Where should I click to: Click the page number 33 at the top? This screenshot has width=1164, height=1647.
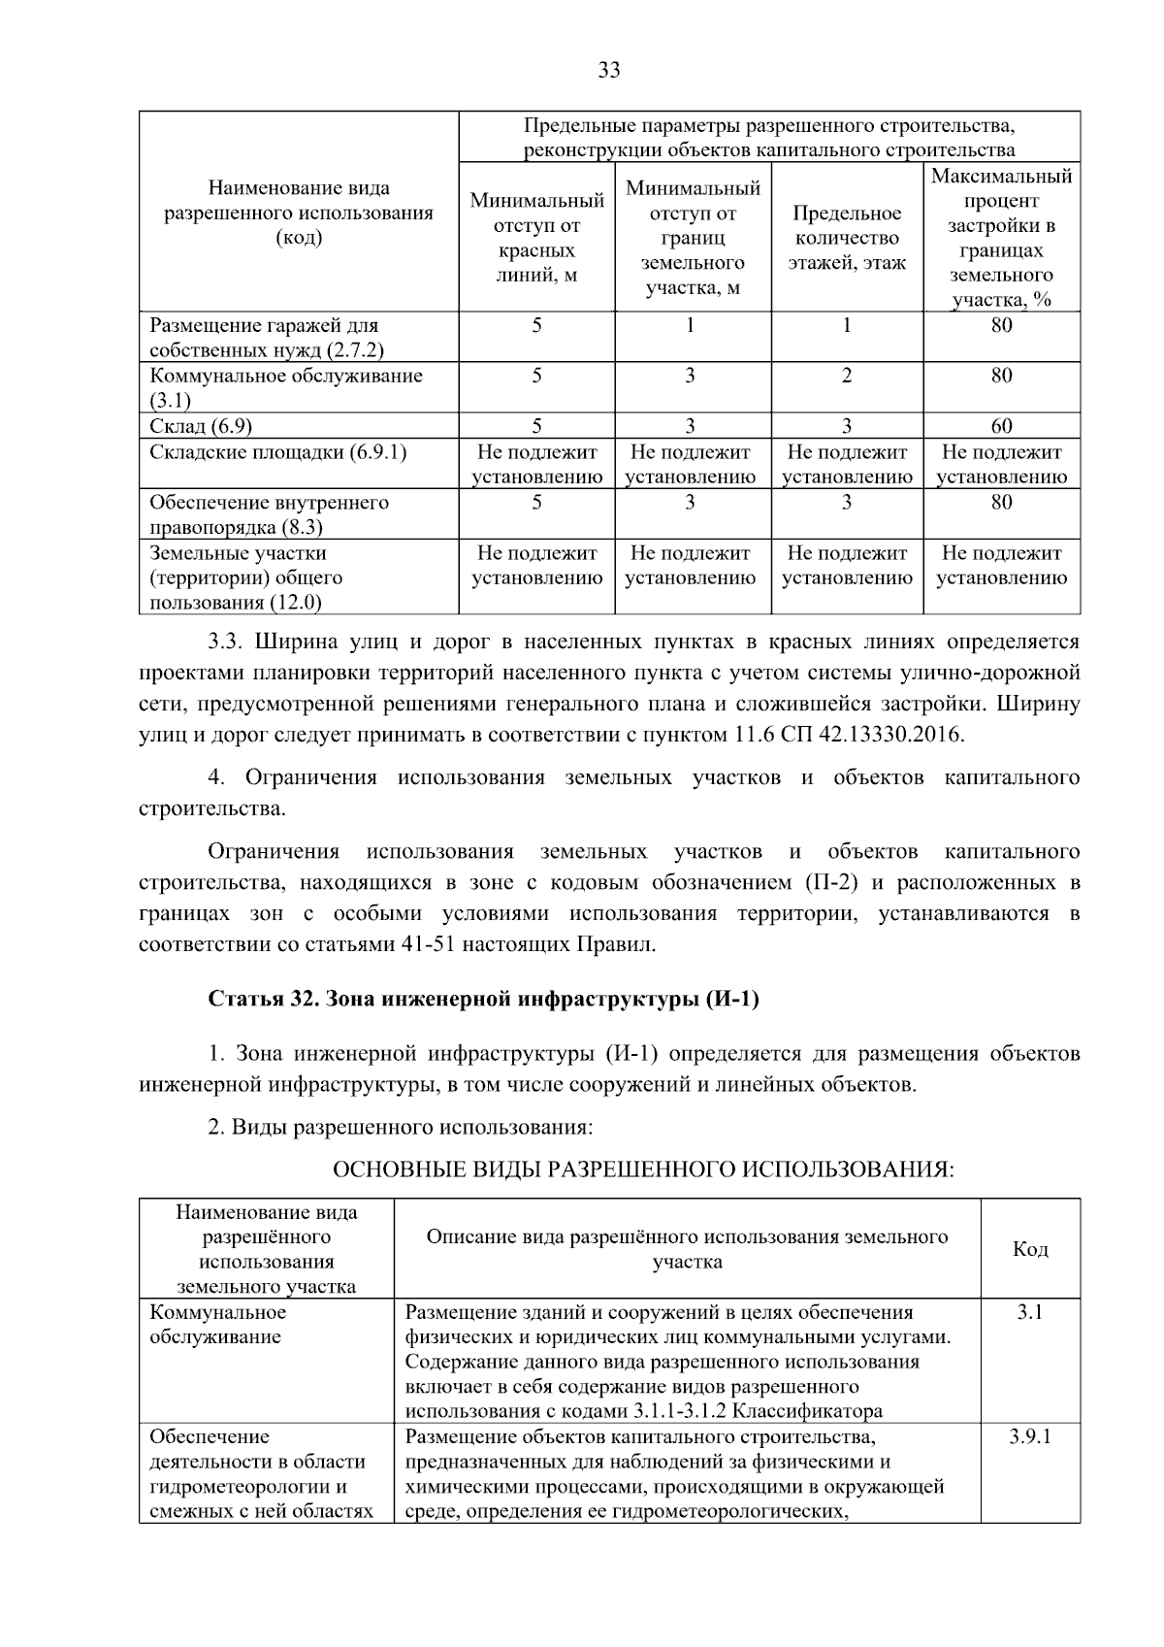(x=608, y=70)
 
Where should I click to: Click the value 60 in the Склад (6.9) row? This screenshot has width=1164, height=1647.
(x=1001, y=426)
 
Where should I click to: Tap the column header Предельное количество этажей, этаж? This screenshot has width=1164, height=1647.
(x=847, y=238)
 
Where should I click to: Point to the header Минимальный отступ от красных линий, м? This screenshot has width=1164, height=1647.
(x=536, y=238)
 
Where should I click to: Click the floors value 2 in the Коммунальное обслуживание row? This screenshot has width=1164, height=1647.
(x=847, y=376)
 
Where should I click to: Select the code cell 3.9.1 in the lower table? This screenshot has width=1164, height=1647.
(x=1029, y=1436)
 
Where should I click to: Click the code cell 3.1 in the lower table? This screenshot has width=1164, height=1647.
(x=1029, y=1312)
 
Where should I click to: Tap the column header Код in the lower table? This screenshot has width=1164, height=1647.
(x=1030, y=1249)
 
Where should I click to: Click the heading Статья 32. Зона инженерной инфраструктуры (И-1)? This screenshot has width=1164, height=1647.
(x=483, y=1000)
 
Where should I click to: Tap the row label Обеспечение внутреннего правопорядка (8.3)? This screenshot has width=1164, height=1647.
(x=269, y=514)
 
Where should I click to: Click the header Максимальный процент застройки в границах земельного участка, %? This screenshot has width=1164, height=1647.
(x=1001, y=238)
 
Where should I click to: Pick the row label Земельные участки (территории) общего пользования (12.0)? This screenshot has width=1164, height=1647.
(x=239, y=577)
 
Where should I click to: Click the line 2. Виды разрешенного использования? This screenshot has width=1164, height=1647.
(x=400, y=1127)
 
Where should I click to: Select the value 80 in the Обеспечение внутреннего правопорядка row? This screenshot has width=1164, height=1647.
(x=1001, y=502)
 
